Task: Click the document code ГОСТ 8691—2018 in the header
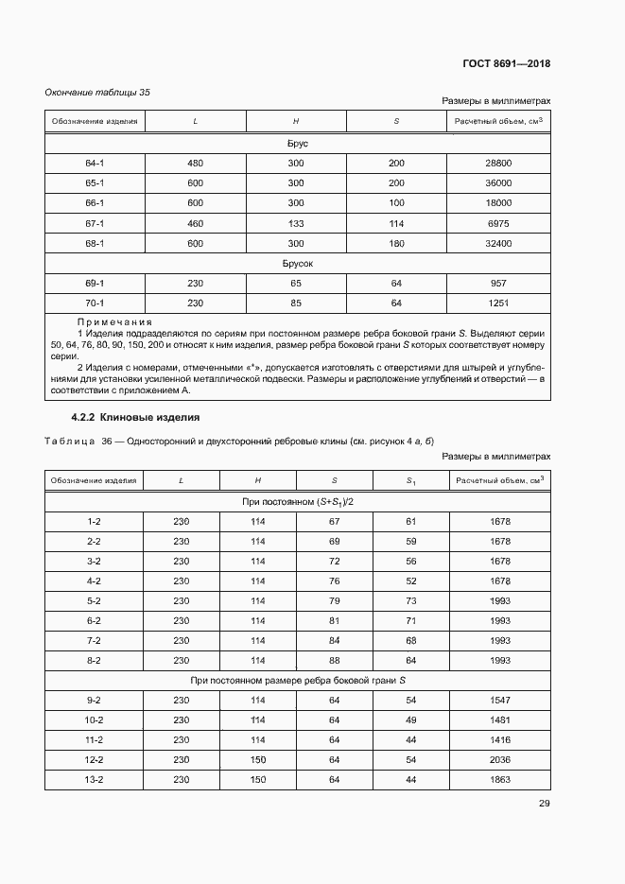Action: [506, 64]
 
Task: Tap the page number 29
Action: [544, 804]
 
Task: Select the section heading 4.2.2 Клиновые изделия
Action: [135, 417]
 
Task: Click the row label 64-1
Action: [95, 163]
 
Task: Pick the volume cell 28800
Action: [497, 163]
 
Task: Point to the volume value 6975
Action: [497, 223]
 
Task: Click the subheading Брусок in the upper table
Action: [298, 264]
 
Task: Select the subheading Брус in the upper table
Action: [298, 144]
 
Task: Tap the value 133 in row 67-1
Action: [296, 223]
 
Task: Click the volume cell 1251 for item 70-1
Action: [497, 303]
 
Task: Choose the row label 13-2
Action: [95, 779]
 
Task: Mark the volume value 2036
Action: [500, 759]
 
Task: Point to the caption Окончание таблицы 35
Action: [98, 92]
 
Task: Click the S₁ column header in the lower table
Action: [410, 481]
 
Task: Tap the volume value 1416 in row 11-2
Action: [500, 739]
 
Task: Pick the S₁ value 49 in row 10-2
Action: [410, 719]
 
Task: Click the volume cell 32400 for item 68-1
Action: [497, 243]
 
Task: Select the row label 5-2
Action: [95, 600]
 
